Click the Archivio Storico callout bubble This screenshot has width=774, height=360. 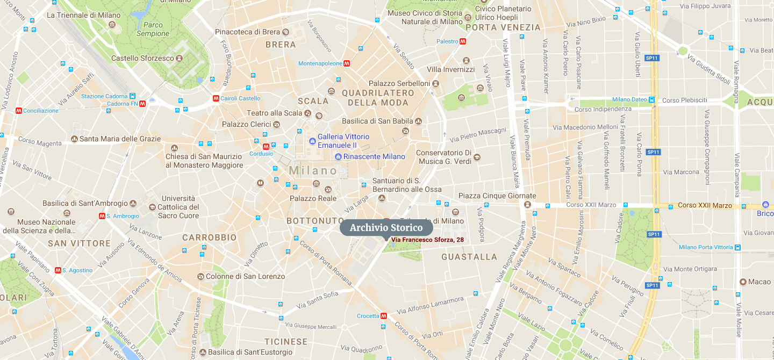(x=386, y=228)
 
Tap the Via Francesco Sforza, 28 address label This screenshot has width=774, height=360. (x=427, y=240)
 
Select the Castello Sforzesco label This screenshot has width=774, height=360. (x=142, y=58)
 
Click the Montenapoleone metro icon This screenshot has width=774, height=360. (x=348, y=63)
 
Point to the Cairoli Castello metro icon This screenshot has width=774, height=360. (x=216, y=98)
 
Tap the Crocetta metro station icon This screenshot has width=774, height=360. (x=384, y=316)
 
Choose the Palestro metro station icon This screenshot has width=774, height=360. (x=463, y=41)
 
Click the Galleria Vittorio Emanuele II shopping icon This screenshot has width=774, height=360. (x=312, y=141)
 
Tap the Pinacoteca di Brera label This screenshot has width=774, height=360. (x=248, y=32)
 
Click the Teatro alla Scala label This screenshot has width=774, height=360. (x=274, y=113)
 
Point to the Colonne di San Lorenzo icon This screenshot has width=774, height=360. (x=200, y=276)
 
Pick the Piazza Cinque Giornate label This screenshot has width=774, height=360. (x=497, y=196)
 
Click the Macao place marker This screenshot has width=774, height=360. (x=743, y=282)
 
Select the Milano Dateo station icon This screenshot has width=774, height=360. (x=652, y=99)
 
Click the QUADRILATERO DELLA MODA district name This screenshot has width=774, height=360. (x=378, y=97)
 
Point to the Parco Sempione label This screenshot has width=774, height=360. (x=153, y=29)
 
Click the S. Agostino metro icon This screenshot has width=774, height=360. (x=58, y=270)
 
